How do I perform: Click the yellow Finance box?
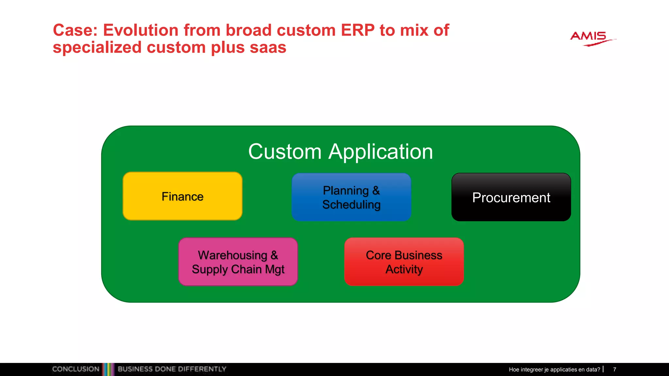tap(182, 196)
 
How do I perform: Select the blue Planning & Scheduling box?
tap(351, 197)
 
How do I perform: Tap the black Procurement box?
tap(511, 197)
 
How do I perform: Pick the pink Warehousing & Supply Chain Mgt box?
tap(238, 262)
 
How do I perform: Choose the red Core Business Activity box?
tap(404, 262)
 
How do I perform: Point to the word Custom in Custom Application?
tap(285, 152)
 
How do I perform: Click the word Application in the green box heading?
tap(381, 152)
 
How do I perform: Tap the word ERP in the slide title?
tap(357, 30)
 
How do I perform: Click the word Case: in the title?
tap(75, 30)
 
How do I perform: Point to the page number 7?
tap(614, 369)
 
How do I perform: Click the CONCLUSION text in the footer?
tap(75, 369)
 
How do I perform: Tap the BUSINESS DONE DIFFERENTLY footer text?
tap(172, 369)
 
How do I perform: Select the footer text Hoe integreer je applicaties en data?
tap(554, 369)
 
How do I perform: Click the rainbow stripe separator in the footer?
tap(108, 369)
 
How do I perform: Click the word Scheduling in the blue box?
tap(351, 205)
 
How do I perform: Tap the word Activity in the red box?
tap(404, 269)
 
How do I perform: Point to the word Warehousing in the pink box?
tap(232, 255)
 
